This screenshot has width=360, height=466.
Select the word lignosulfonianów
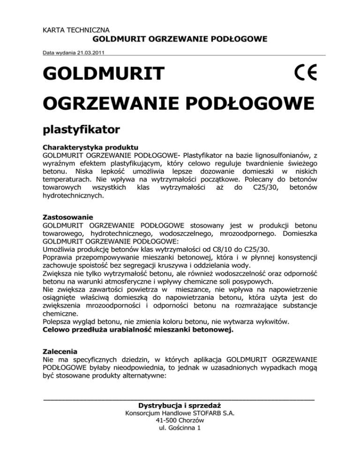(x=287, y=154)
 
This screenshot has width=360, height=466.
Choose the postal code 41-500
(x=165, y=421)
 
